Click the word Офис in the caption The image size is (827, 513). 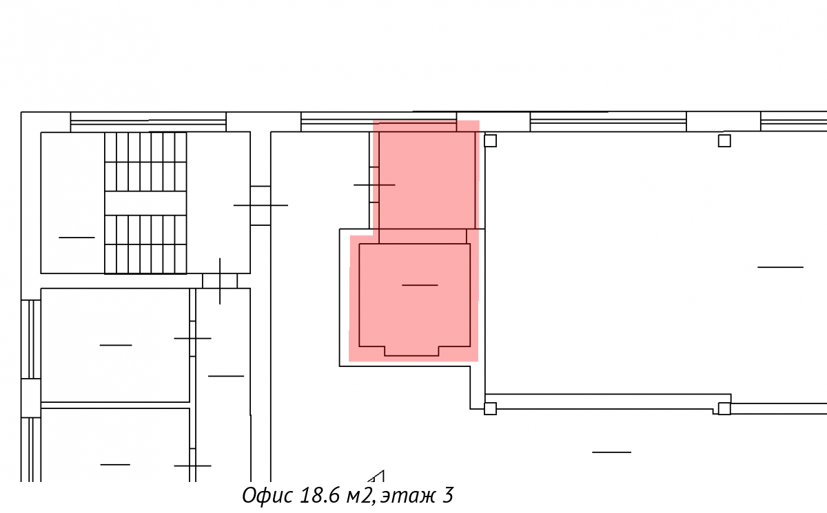coord(268,495)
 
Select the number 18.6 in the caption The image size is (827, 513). coord(319,495)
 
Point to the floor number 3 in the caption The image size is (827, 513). coord(447,495)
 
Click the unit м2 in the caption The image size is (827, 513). coord(359,496)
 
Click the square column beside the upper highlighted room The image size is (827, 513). coord(490,141)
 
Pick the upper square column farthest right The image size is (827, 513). coord(724,141)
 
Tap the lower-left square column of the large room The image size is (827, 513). coord(490,408)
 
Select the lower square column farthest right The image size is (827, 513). coord(724,408)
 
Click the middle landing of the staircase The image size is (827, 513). coord(145,203)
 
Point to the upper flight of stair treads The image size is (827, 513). coord(145,162)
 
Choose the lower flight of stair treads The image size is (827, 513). coord(145,244)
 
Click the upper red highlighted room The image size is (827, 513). coord(427,180)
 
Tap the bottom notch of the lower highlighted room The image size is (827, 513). coord(411,351)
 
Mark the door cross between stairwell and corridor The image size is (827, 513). coord(261,205)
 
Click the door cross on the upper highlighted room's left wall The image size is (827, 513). coord(374,185)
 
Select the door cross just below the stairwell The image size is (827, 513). coord(220,281)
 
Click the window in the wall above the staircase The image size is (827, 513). coord(148,122)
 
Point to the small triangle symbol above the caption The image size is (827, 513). coord(376,477)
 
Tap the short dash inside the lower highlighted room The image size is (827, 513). coord(420,285)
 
